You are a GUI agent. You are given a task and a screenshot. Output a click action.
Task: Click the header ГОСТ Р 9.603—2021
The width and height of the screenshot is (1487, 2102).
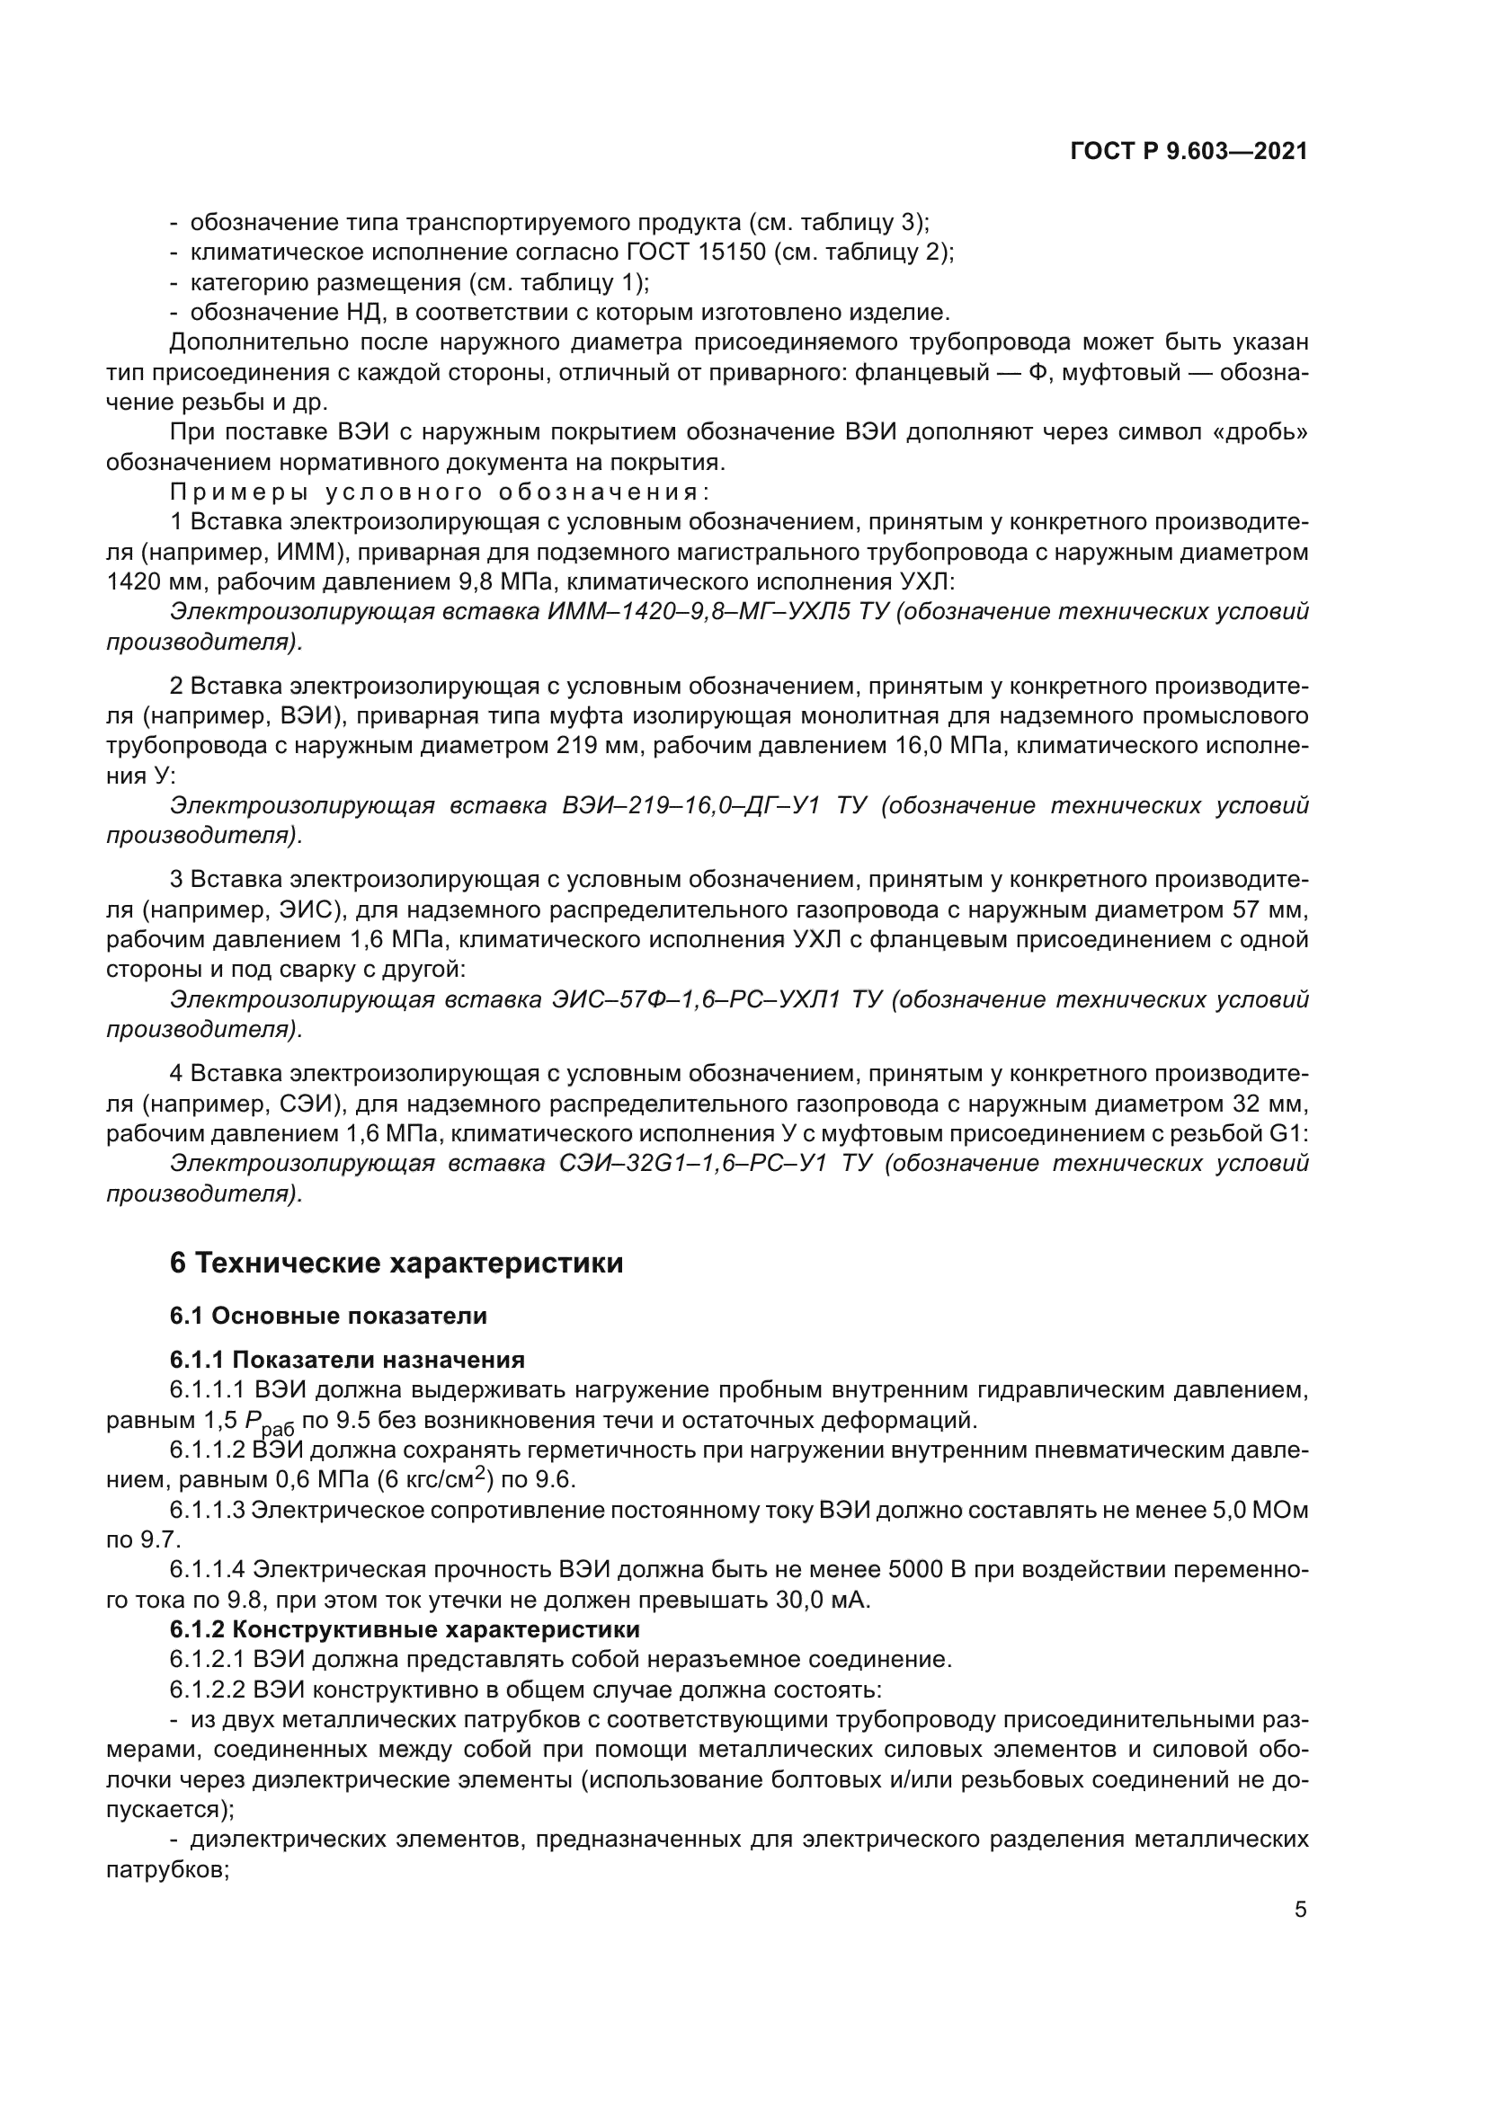[x=1189, y=152]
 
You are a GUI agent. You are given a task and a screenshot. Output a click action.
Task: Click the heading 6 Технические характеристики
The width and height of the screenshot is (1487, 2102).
[x=396, y=1264]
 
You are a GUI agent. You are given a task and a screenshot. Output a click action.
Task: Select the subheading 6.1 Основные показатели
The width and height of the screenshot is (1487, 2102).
[x=328, y=1316]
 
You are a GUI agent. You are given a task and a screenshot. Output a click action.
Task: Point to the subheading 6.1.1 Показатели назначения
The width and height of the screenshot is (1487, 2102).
[x=347, y=1360]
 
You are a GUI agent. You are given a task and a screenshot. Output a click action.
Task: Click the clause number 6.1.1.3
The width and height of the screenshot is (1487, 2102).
[x=207, y=1511]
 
